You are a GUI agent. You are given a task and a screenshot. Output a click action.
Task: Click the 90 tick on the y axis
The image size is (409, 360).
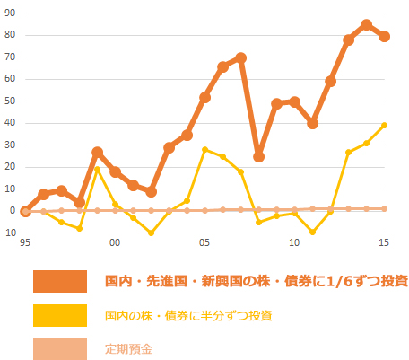[9, 13]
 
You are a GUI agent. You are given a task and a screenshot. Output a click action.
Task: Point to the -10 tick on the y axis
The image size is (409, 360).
[8, 233]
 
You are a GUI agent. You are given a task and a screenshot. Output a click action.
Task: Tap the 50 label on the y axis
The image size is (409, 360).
[9, 101]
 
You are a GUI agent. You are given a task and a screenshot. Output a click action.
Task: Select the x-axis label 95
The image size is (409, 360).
[24, 243]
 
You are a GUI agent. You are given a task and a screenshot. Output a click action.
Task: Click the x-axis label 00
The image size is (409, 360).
[115, 243]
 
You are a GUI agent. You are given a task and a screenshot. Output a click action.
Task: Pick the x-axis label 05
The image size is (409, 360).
[204, 243]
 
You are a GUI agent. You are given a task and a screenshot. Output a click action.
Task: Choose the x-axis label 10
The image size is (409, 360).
[294, 243]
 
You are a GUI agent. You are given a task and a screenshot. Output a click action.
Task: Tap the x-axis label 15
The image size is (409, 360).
[383, 243]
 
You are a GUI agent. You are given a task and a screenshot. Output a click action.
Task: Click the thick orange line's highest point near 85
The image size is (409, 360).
[366, 25]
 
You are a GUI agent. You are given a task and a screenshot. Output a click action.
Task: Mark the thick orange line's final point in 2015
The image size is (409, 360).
[384, 37]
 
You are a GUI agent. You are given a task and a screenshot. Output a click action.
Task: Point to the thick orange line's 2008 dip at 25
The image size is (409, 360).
[258, 156]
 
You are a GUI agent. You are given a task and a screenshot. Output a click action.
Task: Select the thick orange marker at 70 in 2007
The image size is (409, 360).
[240, 57]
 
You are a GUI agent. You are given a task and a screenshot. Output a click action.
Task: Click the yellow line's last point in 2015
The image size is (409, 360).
[384, 125]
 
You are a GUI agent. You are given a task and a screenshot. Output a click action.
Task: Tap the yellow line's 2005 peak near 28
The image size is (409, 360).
[204, 149]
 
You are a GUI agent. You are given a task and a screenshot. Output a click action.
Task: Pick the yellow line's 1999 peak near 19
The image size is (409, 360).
[97, 169]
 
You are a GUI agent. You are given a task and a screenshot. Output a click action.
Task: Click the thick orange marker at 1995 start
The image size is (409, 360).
[25, 211]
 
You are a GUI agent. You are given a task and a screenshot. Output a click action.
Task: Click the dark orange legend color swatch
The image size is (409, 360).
[60, 282]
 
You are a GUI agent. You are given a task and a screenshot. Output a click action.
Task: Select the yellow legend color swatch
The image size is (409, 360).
[60, 315]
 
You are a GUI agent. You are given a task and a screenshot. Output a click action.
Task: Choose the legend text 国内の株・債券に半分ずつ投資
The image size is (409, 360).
[187, 315]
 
